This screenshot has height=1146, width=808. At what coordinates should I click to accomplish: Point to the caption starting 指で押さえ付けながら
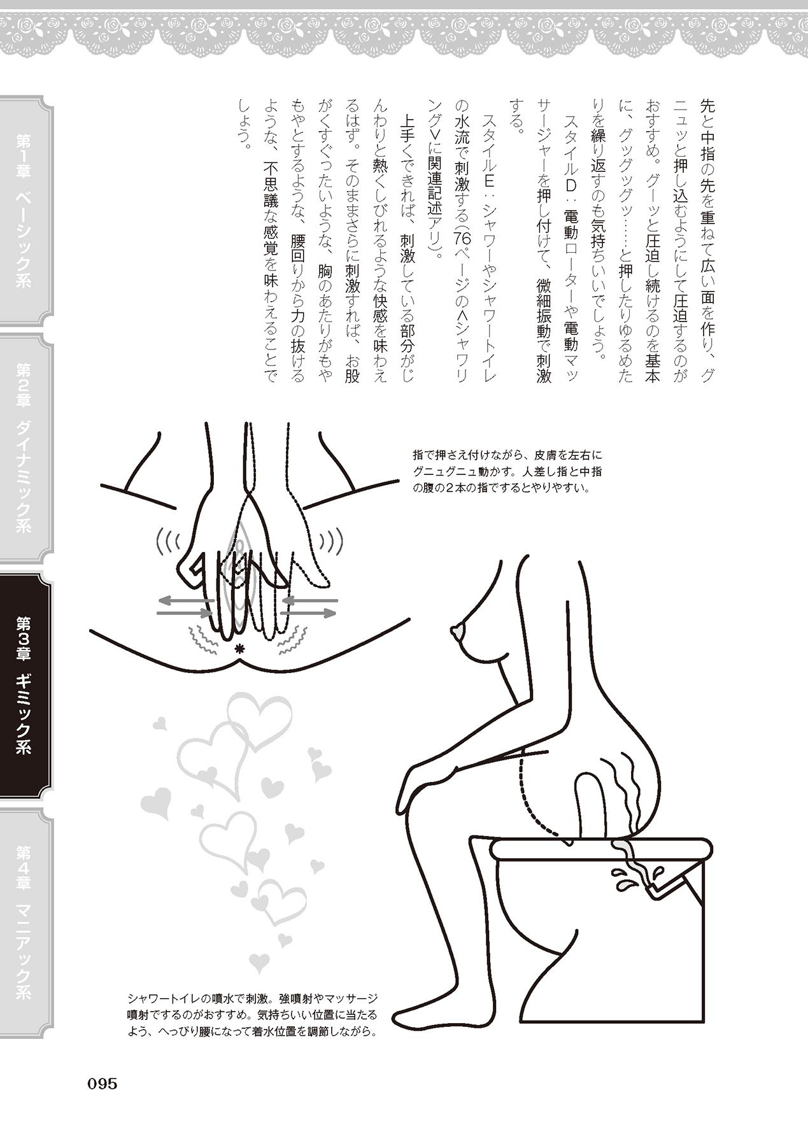coord(507,472)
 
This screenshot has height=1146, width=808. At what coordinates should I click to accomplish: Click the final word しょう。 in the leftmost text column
coord(244,125)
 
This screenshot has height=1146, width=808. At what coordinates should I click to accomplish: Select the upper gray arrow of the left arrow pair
coord(185,600)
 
